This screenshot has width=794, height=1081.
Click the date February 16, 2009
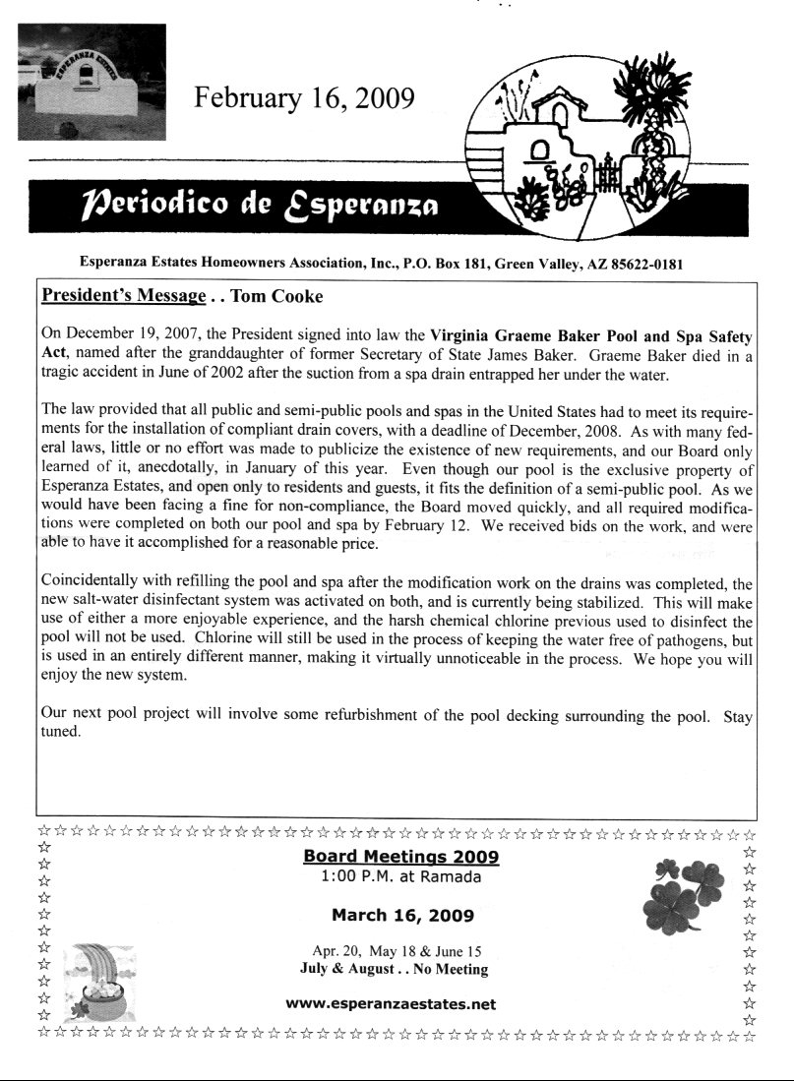pyautogui.click(x=304, y=98)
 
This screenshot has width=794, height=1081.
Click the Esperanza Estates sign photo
pyautogui.click(x=92, y=81)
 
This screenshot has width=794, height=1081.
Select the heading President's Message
pyautogui.click(x=124, y=296)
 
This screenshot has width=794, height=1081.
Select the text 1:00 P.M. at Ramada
pyautogui.click(x=400, y=875)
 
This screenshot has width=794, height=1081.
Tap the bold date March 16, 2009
pyautogui.click(x=402, y=915)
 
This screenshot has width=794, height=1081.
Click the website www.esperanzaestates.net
pyautogui.click(x=390, y=1004)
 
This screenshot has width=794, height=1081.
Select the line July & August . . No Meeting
pyautogui.click(x=394, y=969)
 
